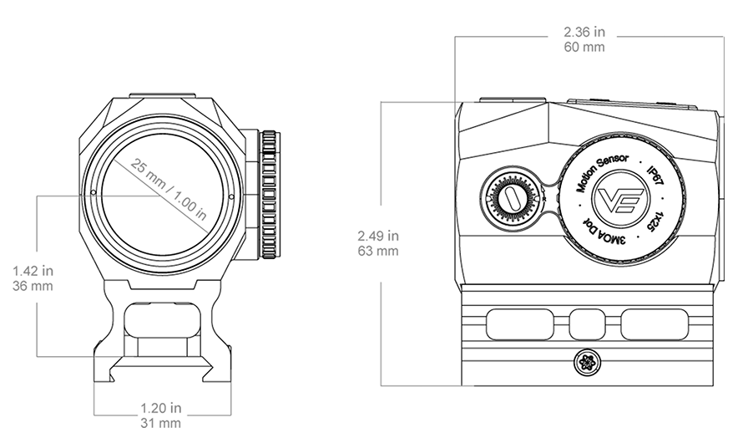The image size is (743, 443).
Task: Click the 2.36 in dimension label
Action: pyautogui.click(x=584, y=32)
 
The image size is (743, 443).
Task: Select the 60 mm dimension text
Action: pyautogui.click(x=584, y=47)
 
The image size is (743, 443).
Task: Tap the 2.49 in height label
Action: pyautogui.click(x=378, y=235)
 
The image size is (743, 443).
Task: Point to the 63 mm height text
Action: pyautogui.click(x=378, y=251)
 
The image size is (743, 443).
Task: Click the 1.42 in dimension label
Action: pyautogui.click(x=33, y=271)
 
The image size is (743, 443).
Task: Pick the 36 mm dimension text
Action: pyautogui.click(x=33, y=286)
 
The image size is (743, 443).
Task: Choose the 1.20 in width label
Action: pyautogui.click(x=160, y=407)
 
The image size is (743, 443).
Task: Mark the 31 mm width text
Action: pyautogui.click(x=160, y=423)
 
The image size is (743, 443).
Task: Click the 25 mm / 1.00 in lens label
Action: pyautogui.click(x=168, y=189)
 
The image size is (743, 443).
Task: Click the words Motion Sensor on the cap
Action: pyautogui.click(x=602, y=173)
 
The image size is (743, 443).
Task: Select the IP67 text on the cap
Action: pyautogui.click(x=655, y=176)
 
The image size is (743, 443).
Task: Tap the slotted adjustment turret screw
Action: pyautogui.click(x=512, y=197)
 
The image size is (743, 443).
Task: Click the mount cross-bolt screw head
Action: pyautogui.click(x=587, y=363)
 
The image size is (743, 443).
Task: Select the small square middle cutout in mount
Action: pyautogui.click(x=587, y=325)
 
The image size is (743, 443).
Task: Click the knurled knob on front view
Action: pyautogui.click(x=269, y=195)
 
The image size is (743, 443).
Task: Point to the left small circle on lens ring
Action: pyautogui.click(x=94, y=192)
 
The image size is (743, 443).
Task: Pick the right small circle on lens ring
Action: pyautogui.click(x=231, y=196)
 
